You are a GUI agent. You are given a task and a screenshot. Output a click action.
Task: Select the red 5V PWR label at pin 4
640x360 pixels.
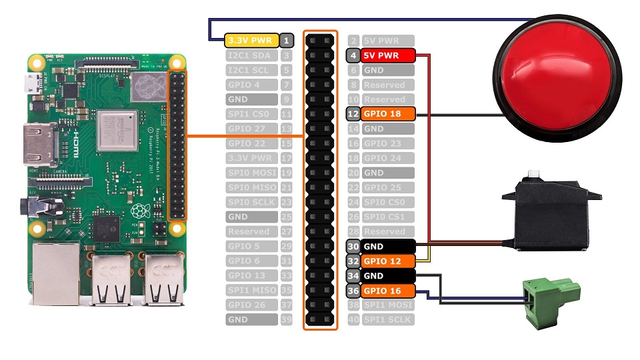click(x=388, y=55)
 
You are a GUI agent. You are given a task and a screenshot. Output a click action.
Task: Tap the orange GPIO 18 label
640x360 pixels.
click(x=388, y=114)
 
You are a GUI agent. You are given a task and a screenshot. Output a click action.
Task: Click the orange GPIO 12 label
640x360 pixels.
click(x=388, y=261)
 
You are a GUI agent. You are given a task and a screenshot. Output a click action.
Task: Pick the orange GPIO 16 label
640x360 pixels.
click(x=388, y=290)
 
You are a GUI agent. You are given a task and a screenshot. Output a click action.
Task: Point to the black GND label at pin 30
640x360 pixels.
click(x=388, y=246)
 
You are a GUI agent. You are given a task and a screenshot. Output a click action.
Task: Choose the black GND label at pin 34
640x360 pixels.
click(x=388, y=275)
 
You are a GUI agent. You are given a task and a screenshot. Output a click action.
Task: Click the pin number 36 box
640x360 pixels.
click(x=354, y=290)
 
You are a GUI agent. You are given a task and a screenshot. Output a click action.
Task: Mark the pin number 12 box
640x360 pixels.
click(x=354, y=114)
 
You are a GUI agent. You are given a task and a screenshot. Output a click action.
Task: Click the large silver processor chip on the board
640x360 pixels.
click(x=117, y=130)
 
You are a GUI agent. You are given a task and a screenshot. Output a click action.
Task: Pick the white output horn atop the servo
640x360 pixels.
click(x=533, y=176)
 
